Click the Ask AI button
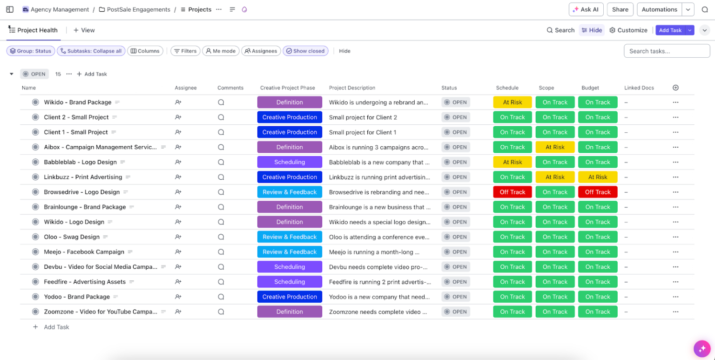[x=586, y=9]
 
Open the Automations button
[x=659, y=9]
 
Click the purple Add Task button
[x=670, y=30]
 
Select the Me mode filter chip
[x=221, y=51]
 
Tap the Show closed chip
[x=305, y=51]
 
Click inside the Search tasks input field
[x=667, y=51]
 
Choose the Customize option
[x=628, y=30]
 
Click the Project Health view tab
[x=33, y=30]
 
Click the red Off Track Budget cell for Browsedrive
[x=598, y=192]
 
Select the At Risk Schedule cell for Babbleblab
[x=513, y=162]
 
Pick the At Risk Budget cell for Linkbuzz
[x=598, y=177]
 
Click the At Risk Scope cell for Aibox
[x=555, y=147]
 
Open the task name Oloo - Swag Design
[x=72, y=237]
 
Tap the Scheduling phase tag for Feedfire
[x=290, y=282]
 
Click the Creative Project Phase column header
[x=287, y=88]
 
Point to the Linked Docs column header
[x=639, y=88]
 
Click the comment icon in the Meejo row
[x=221, y=252]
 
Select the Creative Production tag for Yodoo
[x=290, y=297]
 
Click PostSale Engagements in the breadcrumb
[x=138, y=9]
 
